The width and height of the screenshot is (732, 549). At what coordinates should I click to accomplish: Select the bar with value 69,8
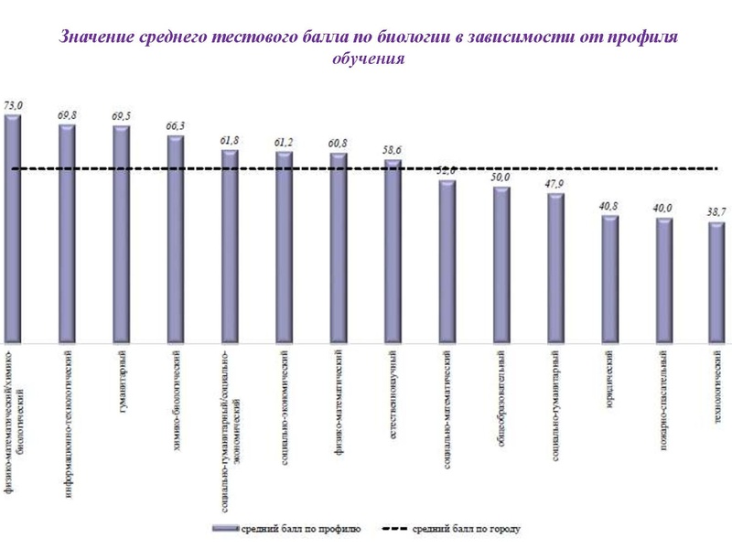click(67, 233)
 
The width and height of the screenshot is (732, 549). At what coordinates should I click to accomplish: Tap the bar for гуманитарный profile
click(121, 233)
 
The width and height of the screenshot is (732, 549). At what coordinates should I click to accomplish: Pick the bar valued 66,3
click(176, 238)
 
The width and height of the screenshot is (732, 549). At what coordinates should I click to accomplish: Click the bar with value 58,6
click(393, 252)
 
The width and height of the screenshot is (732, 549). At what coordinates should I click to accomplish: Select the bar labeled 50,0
click(501, 265)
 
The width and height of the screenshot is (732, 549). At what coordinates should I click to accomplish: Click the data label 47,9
click(554, 183)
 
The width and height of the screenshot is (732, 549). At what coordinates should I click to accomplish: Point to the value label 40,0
click(662, 208)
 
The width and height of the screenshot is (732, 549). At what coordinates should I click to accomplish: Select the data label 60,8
click(338, 143)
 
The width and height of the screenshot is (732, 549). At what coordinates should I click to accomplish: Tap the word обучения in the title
click(366, 59)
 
